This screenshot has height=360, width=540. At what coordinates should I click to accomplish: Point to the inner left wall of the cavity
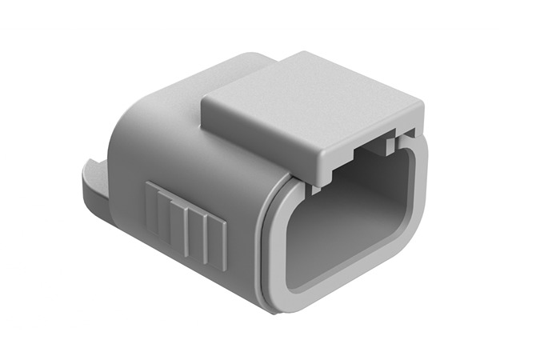pos(300,232)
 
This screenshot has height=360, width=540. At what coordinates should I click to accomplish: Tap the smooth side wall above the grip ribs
pos(192,160)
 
